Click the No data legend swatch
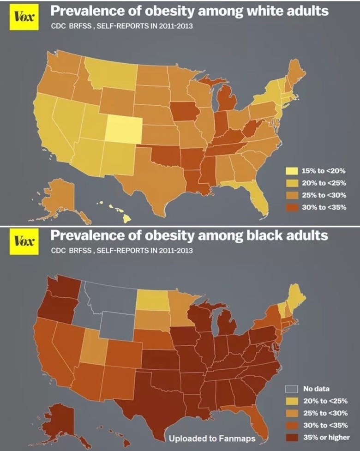[292, 387]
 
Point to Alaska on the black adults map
[58, 418]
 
